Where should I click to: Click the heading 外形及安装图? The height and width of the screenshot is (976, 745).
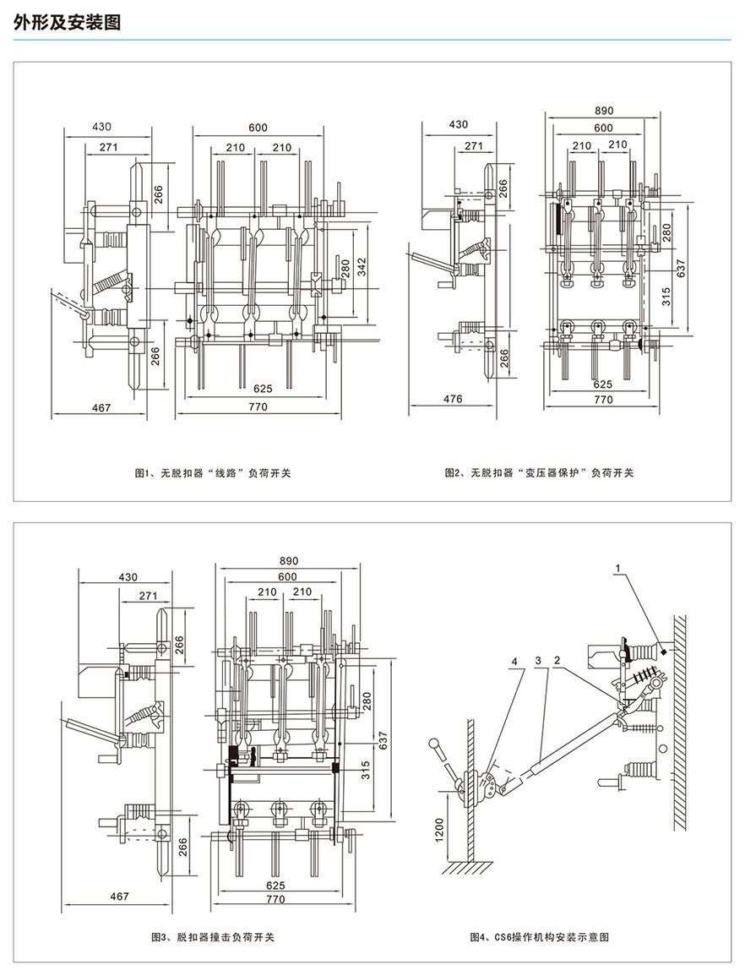[x=68, y=22]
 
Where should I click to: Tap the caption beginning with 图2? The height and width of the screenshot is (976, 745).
[x=539, y=473]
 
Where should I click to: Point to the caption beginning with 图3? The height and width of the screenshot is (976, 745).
[x=212, y=936]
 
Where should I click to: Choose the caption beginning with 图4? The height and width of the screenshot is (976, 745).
[x=539, y=936]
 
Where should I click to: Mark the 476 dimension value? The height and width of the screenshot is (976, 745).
[x=453, y=400]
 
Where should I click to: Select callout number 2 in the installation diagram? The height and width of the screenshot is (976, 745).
[x=557, y=660]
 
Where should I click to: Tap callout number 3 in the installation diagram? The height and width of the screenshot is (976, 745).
[x=538, y=660]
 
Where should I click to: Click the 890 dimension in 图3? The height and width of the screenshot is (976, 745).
[x=289, y=561]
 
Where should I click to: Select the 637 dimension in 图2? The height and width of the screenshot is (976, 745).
[x=680, y=266]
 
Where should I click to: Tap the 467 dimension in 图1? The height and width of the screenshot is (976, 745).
[x=101, y=407]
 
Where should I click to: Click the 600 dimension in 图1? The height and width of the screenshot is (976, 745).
[x=258, y=128]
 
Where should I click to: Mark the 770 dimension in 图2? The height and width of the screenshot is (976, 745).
[x=602, y=400]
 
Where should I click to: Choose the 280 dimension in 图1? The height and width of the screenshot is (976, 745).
[x=344, y=269]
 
